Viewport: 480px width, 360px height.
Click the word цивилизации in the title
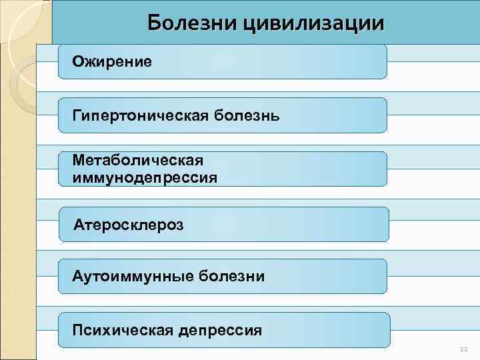(x=315, y=23)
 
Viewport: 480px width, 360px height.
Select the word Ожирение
(x=113, y=62)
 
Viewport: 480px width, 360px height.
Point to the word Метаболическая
(x=138, y=161)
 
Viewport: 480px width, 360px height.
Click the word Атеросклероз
(x=129, y=224)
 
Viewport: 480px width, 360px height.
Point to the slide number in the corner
(x=464, y=349)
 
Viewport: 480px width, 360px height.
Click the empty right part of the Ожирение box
(x=300, y=62)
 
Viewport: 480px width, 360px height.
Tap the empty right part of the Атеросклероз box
(x=300, y=224)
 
